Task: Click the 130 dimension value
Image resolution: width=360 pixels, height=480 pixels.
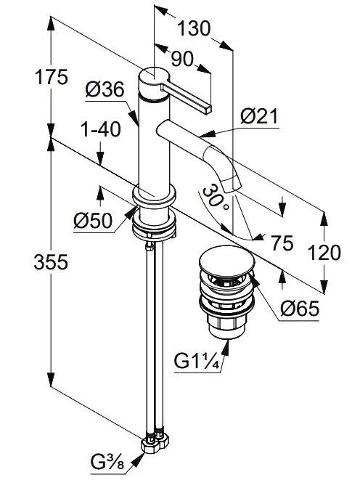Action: point(194,29)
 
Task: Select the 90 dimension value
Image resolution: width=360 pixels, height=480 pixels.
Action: point(182,59)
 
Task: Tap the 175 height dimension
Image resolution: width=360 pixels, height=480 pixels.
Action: point(51,77)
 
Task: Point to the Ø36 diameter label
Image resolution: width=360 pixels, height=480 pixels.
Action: point(105,90)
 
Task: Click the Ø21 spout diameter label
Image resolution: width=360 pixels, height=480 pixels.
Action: point(259,116)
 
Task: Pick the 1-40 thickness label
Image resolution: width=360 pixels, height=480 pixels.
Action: point(101,130)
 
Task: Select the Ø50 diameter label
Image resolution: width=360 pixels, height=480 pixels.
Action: point(93,221)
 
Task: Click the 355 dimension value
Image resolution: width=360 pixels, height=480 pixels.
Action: point(51,262)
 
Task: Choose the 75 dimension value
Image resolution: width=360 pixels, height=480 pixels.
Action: point(282,243)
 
